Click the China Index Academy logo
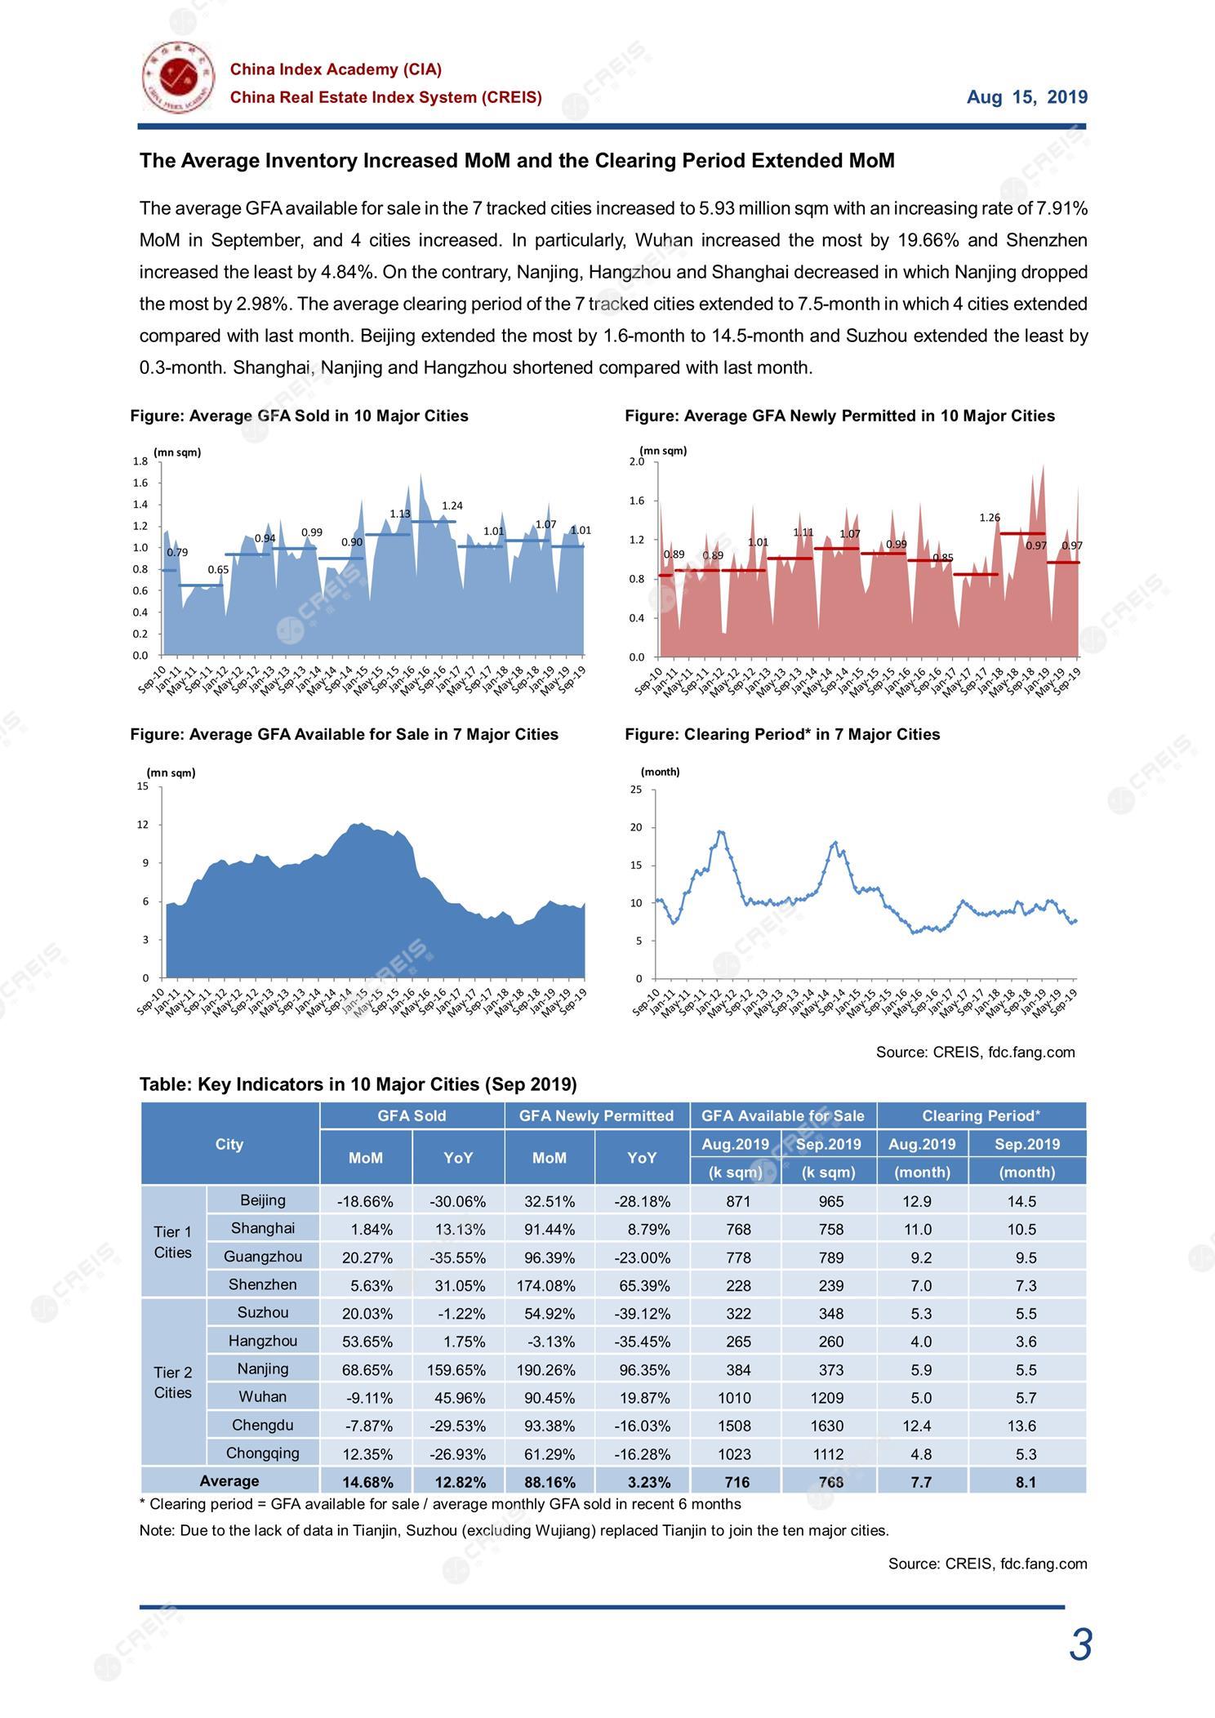click(178, 78)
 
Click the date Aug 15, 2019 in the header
click(1027, 97)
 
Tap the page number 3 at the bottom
click(1080, 1645)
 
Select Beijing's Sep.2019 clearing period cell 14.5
click(1026, 1201)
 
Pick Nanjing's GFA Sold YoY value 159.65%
click(456, 1369)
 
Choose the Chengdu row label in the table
click(262, 1425)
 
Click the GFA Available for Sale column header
click(783, 1115)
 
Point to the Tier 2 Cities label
click(172, 1382)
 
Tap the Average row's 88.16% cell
click(549, 1482)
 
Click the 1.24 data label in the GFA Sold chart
click(452, 506)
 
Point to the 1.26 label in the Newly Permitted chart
click(990, 518)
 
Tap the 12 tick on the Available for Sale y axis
click(143, 825)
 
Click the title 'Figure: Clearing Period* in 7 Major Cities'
click(782, 734)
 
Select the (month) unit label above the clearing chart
click(660, 772)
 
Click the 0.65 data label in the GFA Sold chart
click(218, 570)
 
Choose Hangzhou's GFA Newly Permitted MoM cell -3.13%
click(550, 1342)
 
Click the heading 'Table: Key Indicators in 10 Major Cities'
click(358, 1084)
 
